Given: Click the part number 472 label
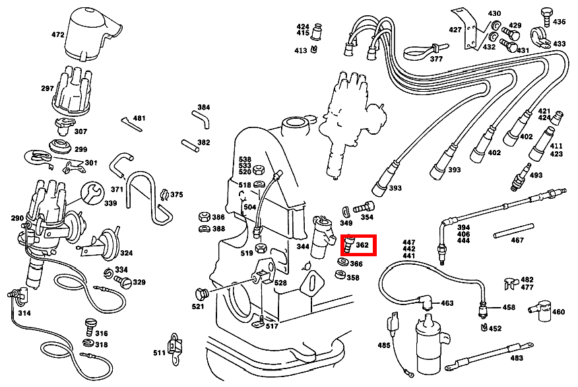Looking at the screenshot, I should click(58, 34).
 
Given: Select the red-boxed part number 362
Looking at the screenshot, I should click(362, 245).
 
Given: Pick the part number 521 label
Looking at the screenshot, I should click(198, 307).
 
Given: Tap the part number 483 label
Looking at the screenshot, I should click(517, 359).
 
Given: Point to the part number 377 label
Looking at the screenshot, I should click(436, 59).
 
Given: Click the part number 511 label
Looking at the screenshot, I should click(159, 353).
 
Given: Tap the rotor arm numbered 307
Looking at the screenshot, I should click(61, 123).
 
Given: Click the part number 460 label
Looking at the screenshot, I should click(558, 312).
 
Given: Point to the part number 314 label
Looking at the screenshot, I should click(24, 313).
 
